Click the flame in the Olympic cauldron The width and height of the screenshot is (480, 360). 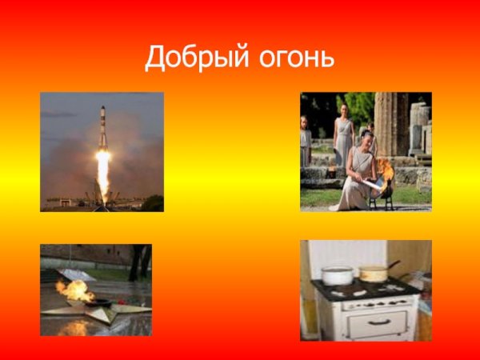(387, 170)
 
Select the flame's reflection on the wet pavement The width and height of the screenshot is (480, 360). (76, 326)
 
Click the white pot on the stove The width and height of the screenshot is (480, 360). (337, 275)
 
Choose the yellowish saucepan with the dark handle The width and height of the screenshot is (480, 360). (372, 273)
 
